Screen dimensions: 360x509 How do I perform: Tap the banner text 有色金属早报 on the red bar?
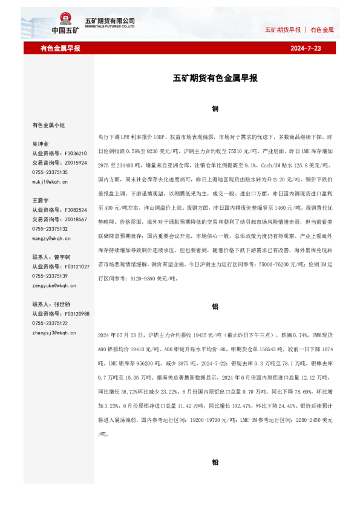pyautogui.click(x=60, y=48)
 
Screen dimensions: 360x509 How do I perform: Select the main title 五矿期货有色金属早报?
pyautogui.click(x=215, y=78)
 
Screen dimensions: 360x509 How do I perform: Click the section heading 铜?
pyautogui.click(x=215, y=109)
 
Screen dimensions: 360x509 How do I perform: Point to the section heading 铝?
pyautogui.click(x=215, y=306)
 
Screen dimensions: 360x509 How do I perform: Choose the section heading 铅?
pyautogui.click(x=215, y=462)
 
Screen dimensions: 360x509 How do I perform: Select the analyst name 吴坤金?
pyautogui.click(x=41, y=144)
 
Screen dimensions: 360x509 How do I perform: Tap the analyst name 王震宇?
pyautogui.click(x=41, y=200)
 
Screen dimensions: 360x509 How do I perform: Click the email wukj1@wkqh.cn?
pyautogui.click(x=50, y=181)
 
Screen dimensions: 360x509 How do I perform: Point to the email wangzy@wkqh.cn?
pyautogui.click(x=51, y=239)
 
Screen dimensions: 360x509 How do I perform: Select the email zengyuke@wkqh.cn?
pyautogui.click(x=53, y=285)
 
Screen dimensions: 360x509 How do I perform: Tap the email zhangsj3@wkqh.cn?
pyautogui.click(x=54, y=332)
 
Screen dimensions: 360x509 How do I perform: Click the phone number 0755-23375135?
pyautogui.click(x=50, y=172)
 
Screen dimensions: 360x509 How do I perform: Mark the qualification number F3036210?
pyautogui.click(x=76, y=154)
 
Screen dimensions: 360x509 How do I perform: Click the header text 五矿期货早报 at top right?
pyautogui.click(x=283, y=29)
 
